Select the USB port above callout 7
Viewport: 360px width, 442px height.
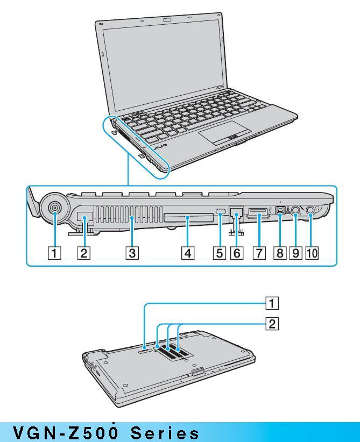(x=258, y=216)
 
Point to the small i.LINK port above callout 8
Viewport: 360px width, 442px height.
(x=280, y=213)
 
